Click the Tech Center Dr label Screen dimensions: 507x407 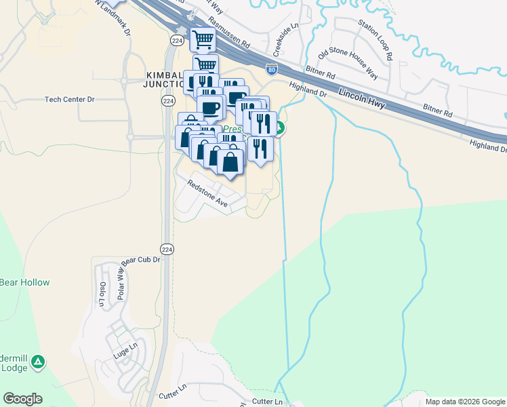[x=70, y=100]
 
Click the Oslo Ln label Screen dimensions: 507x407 [x=103, y=293]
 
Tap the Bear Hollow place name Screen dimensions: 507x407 [x=25, y=282]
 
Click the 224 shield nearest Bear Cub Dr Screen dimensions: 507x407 [x=168, y=250]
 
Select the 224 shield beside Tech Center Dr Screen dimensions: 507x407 [x=167, y=100]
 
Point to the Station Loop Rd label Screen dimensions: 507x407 [x=376, y=41]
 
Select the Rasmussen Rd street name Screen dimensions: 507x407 [x=229, y=32]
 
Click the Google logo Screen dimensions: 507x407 [x=22, y=399]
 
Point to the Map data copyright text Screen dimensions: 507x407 [x=465, y=402]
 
